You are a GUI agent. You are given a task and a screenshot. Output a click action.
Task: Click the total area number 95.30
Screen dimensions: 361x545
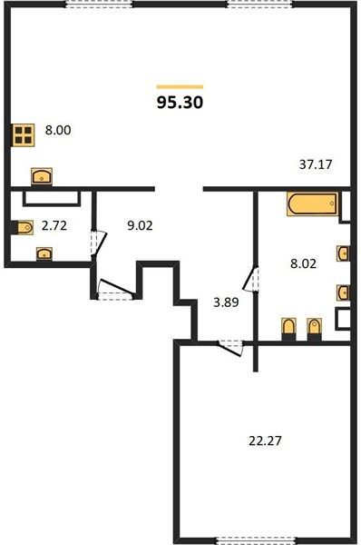point(180,103)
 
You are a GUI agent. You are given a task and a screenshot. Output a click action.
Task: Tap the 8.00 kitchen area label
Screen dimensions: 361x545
point(58,130)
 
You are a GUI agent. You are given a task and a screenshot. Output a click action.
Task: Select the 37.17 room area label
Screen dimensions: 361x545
point(316,164)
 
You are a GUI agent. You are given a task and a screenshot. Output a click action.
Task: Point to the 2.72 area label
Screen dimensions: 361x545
point(54,226)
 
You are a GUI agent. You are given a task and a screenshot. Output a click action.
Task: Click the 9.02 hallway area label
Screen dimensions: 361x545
point(140,226)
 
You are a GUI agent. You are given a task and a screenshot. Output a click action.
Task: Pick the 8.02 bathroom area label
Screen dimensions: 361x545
point(303,263)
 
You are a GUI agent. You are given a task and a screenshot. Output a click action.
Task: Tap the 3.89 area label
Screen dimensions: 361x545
point(226,302)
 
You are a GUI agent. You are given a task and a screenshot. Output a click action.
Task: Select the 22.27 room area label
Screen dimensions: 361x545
point(265,441)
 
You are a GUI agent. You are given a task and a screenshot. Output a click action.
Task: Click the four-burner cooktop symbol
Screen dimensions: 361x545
point(24,135)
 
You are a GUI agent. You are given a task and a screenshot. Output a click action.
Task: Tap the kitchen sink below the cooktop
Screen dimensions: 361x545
point(42,176)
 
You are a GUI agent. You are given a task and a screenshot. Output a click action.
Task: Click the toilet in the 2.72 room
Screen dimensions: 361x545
point(23,228)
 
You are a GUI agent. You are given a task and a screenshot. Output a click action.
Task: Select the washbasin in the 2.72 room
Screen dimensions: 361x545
point(44,253)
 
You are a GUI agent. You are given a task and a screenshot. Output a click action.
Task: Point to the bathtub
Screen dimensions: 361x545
point(313,204)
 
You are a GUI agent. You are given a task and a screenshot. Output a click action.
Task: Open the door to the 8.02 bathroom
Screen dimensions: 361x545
point(250,279)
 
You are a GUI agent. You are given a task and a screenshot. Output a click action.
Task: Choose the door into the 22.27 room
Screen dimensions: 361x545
point(229,348)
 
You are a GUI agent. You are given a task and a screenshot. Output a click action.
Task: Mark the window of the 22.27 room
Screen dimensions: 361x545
point(256,540)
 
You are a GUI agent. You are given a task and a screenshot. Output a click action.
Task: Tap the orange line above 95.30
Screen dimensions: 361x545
point(180,87)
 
